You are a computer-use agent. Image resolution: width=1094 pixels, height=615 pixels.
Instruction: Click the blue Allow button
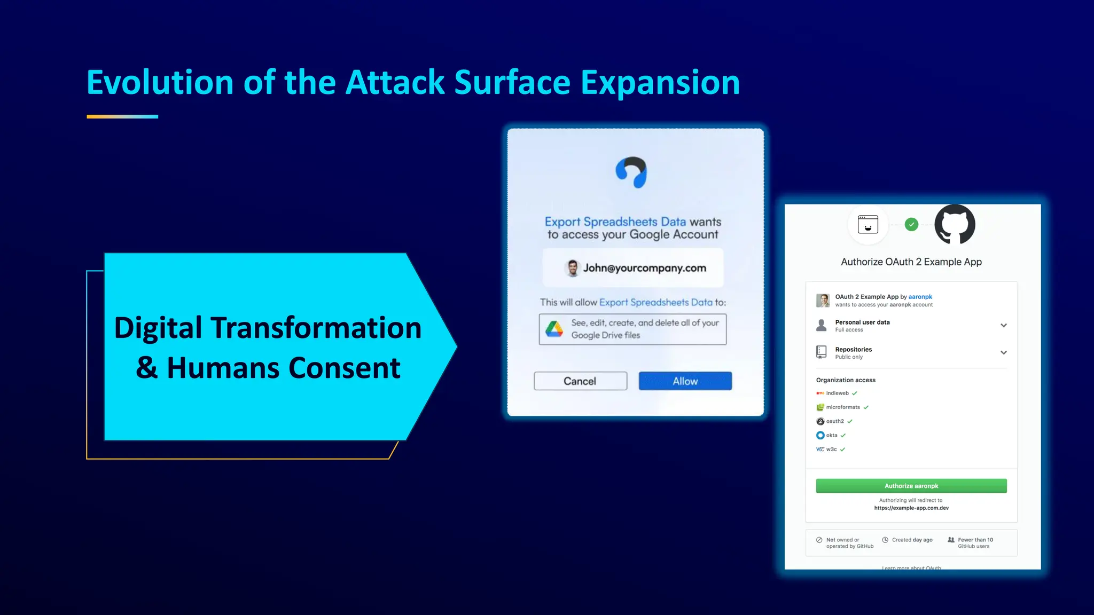coord(685,381)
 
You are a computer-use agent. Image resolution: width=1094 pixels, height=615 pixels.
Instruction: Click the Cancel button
coord(580,381)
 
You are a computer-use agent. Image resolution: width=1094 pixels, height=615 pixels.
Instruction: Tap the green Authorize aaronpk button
coord(911,486)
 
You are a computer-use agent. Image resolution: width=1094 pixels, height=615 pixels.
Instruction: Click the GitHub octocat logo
coord(955,224)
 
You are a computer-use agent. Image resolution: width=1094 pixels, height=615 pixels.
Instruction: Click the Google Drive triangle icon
coord(554,329)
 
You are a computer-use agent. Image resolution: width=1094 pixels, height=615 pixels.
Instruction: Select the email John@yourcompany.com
coord(644,268)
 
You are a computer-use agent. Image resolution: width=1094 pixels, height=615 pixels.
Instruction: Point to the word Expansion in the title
coord(660,83)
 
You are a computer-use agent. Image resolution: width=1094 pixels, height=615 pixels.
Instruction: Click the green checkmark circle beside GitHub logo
coord(911,225)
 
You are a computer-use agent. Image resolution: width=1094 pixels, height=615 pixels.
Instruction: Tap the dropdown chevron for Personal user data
coord(1003,326)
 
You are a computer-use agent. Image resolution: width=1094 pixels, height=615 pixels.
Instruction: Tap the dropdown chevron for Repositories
coord(1003,353)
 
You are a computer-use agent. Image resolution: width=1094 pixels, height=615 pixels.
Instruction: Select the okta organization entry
coord(831,435)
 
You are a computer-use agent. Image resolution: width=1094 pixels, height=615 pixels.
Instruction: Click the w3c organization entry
coord(831,450)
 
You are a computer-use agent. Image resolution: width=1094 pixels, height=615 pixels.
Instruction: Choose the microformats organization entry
coord(842,407)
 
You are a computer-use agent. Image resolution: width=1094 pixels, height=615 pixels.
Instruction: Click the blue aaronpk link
coord(920,297)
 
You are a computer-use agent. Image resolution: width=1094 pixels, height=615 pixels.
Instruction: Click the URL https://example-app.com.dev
coord(911,508)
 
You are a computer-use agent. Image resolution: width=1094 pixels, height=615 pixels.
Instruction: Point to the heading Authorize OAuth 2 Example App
coord(911,262)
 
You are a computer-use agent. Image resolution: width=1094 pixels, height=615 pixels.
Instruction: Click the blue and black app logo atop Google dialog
coord(631,172)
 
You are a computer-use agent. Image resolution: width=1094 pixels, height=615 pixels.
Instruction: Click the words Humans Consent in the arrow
coord(283,368)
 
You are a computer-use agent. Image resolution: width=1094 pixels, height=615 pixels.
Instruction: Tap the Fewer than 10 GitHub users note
coord(974,543)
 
